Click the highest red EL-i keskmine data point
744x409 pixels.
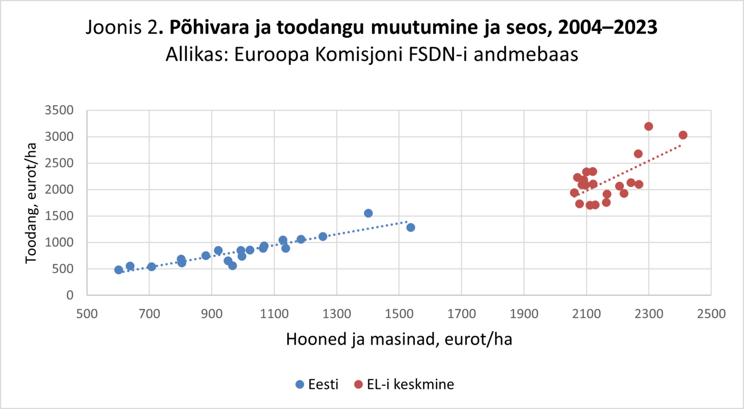648,127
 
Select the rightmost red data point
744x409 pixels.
683,135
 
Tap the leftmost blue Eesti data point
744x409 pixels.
119,270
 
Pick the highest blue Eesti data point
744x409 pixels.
368,213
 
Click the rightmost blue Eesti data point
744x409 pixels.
411,227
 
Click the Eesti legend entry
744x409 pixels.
317,384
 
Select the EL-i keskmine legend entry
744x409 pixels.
404,384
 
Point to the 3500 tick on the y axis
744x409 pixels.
59,110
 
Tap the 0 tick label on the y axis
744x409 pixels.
69,295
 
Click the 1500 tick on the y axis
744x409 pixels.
59,216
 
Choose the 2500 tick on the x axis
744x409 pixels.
711,314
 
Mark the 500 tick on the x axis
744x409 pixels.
87,314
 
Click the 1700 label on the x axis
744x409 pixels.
461,314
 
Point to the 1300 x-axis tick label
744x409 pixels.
337,314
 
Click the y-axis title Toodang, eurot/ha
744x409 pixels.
31,203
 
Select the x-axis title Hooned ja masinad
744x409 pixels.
399,340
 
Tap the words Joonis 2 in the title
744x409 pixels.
122,27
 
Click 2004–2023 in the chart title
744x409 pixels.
608,27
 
